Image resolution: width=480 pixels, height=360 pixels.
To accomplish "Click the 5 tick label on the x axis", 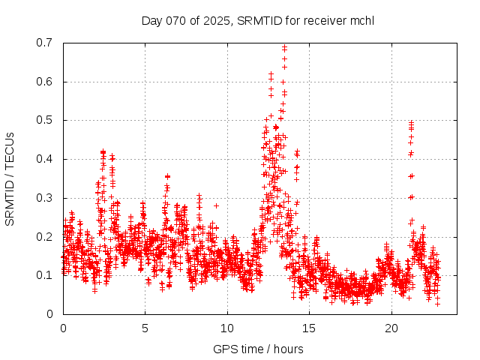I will coord(145,328).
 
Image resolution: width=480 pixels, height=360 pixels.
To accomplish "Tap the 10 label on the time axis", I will coord(227,328).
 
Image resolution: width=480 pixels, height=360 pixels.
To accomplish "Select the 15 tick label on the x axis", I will coord(310,328).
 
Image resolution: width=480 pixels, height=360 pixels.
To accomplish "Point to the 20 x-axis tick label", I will coord(391,328).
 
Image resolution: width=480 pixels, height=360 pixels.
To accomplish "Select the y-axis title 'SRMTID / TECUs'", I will coord(10,178).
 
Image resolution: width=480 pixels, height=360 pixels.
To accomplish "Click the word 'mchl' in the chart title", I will coord(362,20).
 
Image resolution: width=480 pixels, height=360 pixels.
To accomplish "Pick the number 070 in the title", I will coord(177,20).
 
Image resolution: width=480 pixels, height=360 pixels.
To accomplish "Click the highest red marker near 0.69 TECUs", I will coord(285,47).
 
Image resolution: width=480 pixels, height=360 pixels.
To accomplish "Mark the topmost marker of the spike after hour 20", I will coord(411,122).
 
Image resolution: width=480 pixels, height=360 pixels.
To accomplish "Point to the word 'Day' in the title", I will coord(152,20).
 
